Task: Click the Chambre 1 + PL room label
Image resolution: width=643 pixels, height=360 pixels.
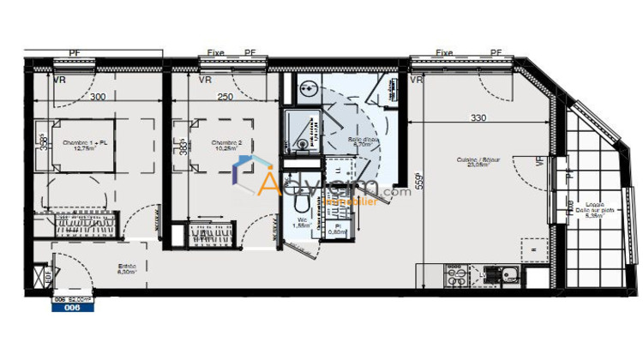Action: point(85,145)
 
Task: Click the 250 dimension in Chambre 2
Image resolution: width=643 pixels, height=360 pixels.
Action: point(224,97)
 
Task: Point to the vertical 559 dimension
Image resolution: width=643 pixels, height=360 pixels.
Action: point(419,182)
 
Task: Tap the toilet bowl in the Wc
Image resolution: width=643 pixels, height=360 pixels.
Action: point(301,202)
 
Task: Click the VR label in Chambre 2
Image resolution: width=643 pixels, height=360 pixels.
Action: point(205,81)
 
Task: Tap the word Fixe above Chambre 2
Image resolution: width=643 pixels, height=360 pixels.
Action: point(216,53)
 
